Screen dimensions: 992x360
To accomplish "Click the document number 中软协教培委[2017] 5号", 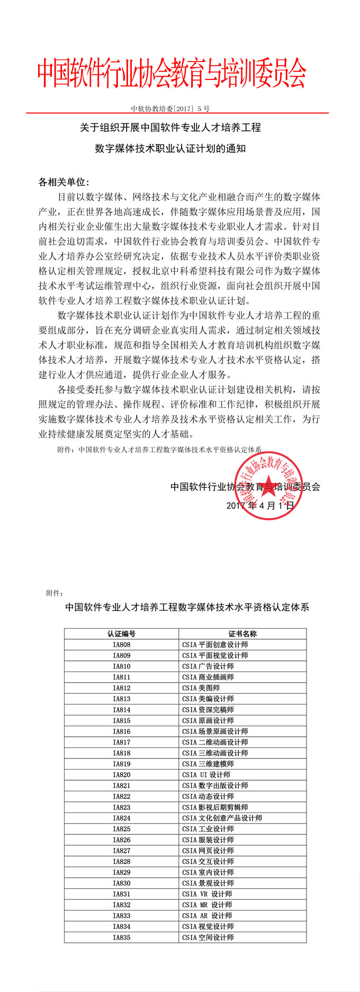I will (170, 109).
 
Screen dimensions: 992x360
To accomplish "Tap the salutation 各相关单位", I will (64, 182).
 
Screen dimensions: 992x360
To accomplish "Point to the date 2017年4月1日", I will (260, 505).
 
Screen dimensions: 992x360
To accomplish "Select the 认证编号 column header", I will (121, 633).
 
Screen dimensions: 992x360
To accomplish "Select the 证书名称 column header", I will (242, 633).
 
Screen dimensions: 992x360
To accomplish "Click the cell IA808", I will (121, 645).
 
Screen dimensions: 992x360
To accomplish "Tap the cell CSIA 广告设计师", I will (208, 666).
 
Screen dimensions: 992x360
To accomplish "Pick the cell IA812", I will (121, 688).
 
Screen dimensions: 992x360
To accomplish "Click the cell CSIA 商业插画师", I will (208, 677).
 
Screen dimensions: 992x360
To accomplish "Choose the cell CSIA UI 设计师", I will (206, 774).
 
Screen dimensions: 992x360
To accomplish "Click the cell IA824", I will (121, 818).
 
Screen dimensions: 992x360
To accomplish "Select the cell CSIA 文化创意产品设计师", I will (222, 818).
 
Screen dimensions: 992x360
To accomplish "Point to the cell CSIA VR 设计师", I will (207, 894).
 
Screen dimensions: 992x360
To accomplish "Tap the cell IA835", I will (121, 937).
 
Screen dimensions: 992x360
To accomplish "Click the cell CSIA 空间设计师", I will (208, 937).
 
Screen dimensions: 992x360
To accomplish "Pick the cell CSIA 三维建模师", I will (208, 764).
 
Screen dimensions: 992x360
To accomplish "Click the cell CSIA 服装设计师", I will (208, 839).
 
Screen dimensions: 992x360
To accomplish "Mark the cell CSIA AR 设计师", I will (207, 915).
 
